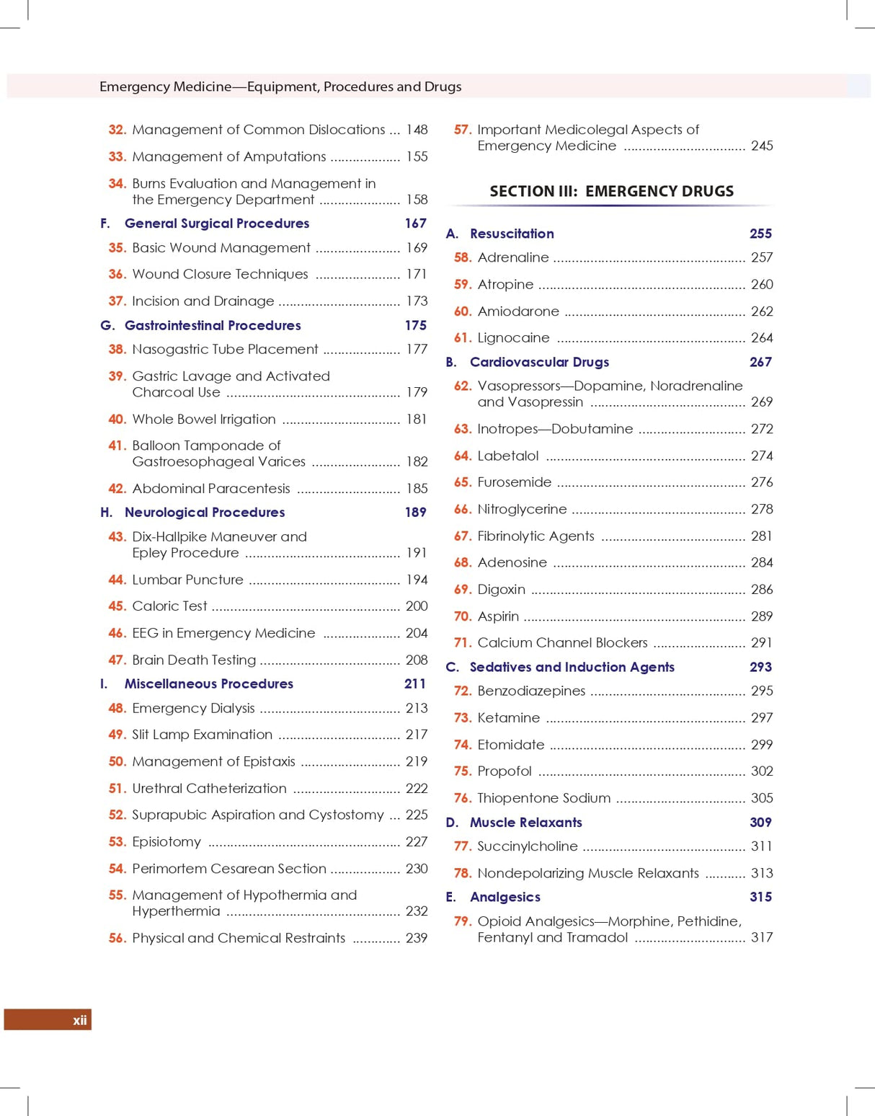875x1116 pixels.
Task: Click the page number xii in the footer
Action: pyautogui.click(x=79, y=1019)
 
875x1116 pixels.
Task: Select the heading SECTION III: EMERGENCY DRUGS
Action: pyautogui.click(x=611, y=191)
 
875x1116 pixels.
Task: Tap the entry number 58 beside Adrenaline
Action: pyautogui.click(x=462, y=257)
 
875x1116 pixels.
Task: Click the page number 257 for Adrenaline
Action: pyautogui.click(x=761, y=257)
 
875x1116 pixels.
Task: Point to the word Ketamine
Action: pyautogui.click(x=508, y=717)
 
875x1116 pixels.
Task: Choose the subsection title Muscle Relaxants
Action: pyautogui.click(x=525, y=822)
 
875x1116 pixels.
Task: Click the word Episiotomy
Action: pyautogui.click(x=166, y=841)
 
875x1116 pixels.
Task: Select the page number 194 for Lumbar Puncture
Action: pyautogui.click(x=417, y=580)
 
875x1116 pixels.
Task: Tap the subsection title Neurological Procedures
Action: pyautogui.click(x=205, y=512)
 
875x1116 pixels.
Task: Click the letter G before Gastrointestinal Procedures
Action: pyautogui.click(x=107, y=325)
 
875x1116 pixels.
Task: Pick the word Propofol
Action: pyautogui.click(x=505, y=771)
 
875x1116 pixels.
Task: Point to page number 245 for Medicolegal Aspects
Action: pyautogui.click(x=761, y=146)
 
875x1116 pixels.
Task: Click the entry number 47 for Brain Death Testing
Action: pyautogui.click(x=117, y=660)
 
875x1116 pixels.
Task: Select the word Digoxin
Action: pyautogui.click(x=501, y=589)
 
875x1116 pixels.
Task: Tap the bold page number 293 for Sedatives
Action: pyautogui.click(x=760, y=667)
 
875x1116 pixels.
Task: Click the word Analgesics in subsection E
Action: pyautogui.click(x=505, y=897)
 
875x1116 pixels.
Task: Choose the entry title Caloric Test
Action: pyautogui.click(x=169, y=606)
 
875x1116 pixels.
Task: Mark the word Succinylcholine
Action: pyautogui.click(x=527, y=846)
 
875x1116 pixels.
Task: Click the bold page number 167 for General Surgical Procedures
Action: pyautogui.click(x=415, y=223)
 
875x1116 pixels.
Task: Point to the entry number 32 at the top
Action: pyautogui.click(x=117, y=130)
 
